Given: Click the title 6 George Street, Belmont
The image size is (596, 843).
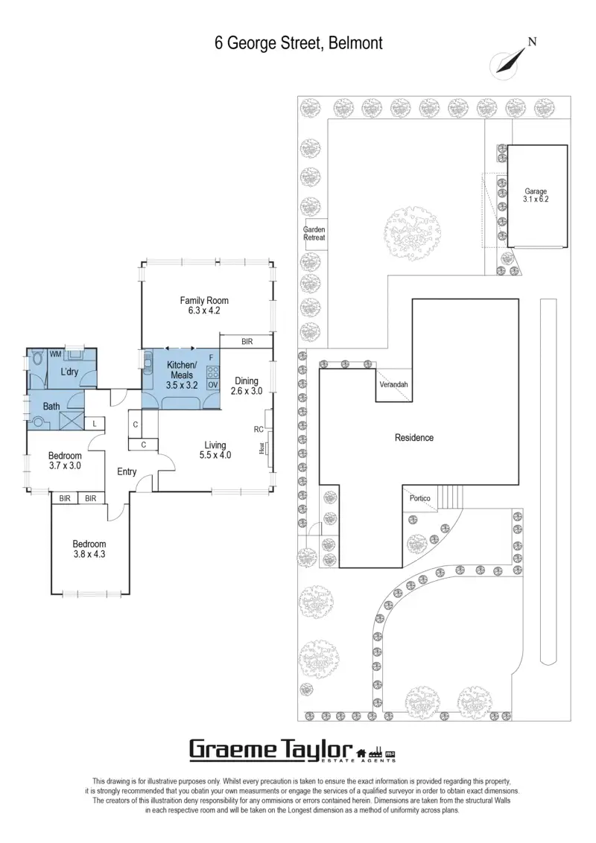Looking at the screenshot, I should click(298, 44).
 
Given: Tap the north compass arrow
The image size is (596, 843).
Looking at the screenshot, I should click(506, 61).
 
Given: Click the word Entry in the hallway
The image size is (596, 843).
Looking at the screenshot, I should click(127, 471).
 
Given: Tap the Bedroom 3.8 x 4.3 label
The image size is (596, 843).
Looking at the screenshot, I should click(89, 549).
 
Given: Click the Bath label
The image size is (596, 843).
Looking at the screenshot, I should click(51, 407).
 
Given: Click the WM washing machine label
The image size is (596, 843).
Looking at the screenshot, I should click(55, 354).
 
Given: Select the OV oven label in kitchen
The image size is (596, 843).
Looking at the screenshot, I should click(212, 384).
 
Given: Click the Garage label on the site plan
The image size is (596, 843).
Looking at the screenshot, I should click(536, 195).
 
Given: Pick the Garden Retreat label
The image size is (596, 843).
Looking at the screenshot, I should click(314, 234).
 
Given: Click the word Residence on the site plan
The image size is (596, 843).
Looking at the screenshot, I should click(413, 438).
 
